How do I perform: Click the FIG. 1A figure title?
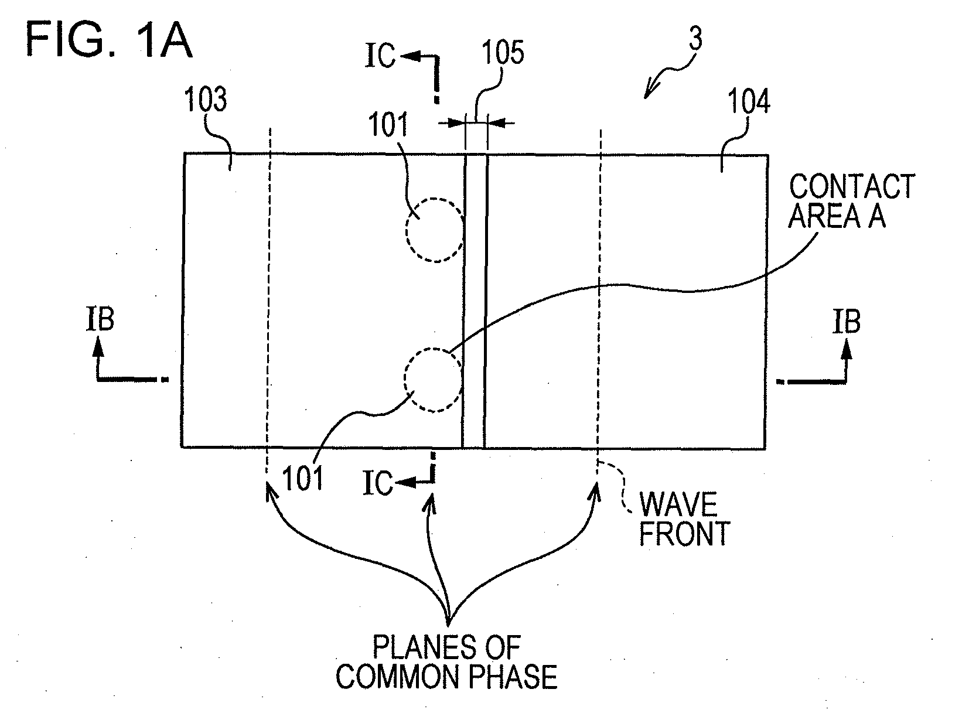(109, 40)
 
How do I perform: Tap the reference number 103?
(206, 99)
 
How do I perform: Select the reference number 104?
(749, 101)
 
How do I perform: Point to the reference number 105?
(503, 52)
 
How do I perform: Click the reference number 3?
(695, 38)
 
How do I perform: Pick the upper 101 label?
(388, 125)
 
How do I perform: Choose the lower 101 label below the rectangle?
(303, 479)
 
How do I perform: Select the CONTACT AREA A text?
(851, 201)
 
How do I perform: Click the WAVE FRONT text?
(684, 519)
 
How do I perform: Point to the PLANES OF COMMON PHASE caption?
(446, 662)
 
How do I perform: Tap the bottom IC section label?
(378, 482)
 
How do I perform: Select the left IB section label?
(100, 319)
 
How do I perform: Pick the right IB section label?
(847, 322)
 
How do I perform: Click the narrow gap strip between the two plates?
(475, 301)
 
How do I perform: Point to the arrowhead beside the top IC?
(410, 56)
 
